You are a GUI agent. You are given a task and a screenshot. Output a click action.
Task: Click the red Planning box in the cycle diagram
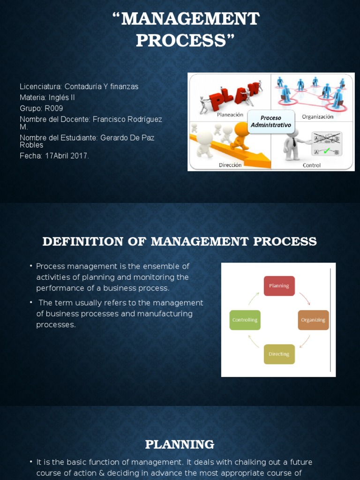pos(279,285)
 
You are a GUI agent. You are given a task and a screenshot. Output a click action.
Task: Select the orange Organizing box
pos(313,320)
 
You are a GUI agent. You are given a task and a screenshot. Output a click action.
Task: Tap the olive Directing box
pos(279,354)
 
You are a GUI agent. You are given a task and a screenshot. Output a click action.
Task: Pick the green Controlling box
pos(245,320)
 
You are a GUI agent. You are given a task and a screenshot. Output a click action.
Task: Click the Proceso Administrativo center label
pos(270,121)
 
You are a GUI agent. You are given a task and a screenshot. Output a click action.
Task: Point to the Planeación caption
pos(230,114)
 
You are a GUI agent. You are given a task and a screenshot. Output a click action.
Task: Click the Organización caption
pos(317,116)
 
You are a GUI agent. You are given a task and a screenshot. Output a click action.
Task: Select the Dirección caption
pos(230,165)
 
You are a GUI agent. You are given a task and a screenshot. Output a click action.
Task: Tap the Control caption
pos(312,165)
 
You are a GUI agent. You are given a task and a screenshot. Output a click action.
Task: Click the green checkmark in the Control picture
pos(327,150)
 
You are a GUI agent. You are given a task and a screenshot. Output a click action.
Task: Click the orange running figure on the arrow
pos(240,135)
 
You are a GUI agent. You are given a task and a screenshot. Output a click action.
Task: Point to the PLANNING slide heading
pos(180,444)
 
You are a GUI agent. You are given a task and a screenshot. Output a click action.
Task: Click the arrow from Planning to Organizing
pos(304,298)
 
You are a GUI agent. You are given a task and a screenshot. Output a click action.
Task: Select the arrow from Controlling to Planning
pos(254,298)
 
